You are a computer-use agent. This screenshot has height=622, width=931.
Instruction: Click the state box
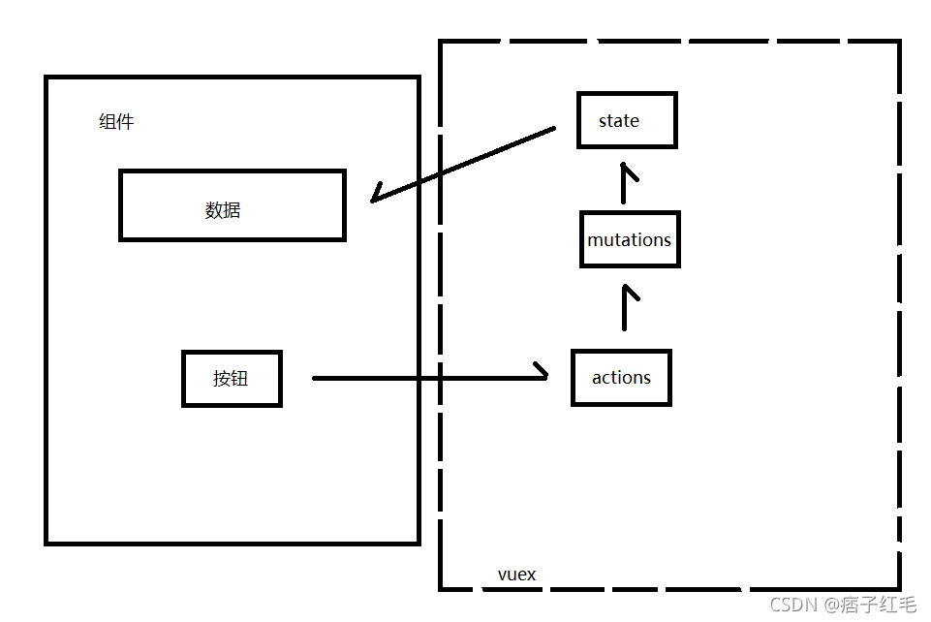coord(626,120)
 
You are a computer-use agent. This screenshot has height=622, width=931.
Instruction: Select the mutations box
coord(629,239)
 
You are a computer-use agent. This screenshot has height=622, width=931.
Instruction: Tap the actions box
coord(621,378)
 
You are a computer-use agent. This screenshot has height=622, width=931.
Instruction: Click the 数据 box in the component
coord(232,205)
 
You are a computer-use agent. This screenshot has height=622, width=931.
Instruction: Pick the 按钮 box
coord(232,379)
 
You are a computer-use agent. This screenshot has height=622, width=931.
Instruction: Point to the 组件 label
coord(116,122)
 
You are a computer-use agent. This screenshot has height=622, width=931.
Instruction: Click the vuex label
coord(516,575)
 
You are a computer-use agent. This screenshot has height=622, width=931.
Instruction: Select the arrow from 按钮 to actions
coord(426,378)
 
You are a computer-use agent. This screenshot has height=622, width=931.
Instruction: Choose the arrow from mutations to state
coord(626,184)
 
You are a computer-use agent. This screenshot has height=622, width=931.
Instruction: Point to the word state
coord(619,121)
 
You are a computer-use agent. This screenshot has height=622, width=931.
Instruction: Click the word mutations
coord(629,239)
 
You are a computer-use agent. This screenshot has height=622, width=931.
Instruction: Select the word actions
coord(621,378)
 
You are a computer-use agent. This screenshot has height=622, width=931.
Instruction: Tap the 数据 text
coord(223,210)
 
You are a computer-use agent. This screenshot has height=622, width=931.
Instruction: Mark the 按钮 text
coord(231,379)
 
